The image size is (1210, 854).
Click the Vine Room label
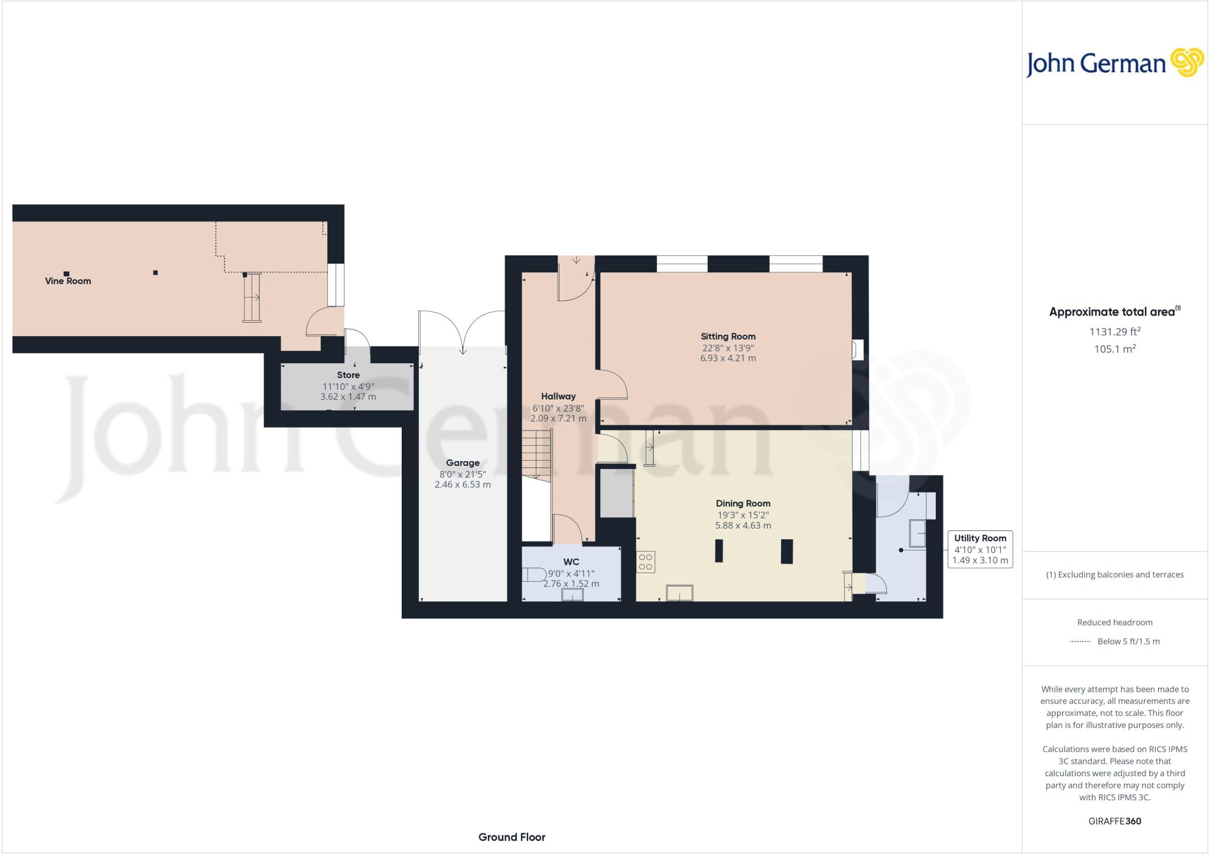(68, 281)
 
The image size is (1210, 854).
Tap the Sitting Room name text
(728, 336)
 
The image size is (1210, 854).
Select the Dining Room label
(743, 503)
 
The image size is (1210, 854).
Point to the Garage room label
(463, 462)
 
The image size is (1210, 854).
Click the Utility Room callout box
(980, 549)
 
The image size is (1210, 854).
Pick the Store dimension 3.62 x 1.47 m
(348, 397)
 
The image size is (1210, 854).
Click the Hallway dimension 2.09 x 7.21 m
(558, 418)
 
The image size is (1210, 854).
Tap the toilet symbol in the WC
(534, 574)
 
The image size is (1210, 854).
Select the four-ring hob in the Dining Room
(646, 562)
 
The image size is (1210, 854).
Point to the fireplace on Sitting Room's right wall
(857, 350)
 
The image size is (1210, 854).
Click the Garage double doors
(462, 332)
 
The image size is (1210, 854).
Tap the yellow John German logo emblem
(1188, 63)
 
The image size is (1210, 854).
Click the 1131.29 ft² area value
(1115, 332)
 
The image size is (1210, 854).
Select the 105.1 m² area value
(1115, 349)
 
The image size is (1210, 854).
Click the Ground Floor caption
(512, 837)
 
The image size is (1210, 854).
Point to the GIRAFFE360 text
(1115, 821)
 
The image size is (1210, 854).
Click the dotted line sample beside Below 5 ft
(1080, 641)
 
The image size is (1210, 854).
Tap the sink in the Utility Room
(918, 533)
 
